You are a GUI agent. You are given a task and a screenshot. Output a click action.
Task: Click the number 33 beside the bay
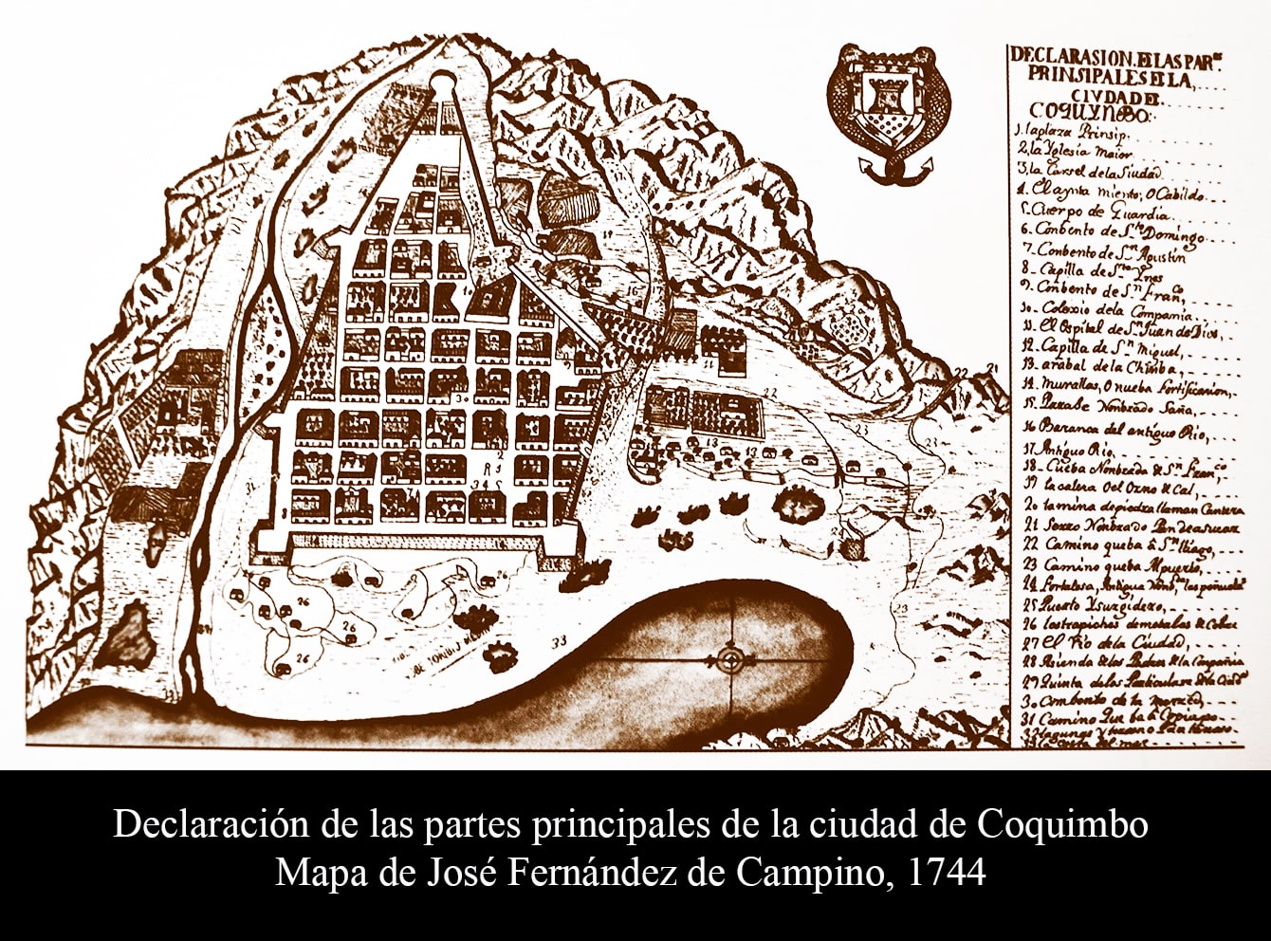coord(559,641)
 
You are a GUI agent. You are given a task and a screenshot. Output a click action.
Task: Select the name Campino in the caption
coord(825,872)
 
